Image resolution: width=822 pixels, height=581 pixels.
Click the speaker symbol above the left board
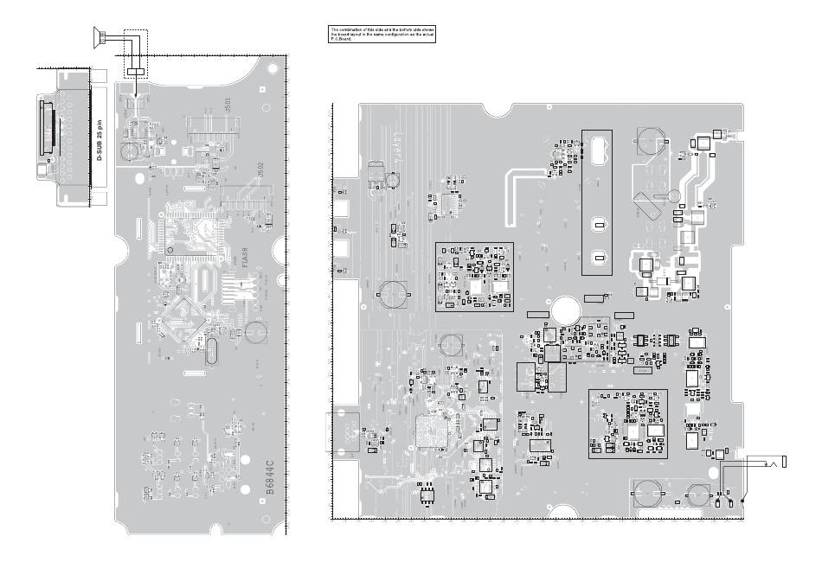(x=100, y=35)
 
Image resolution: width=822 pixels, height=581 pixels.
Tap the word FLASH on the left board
(x=244, y=258)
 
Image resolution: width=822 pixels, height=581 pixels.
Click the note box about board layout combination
(x=381, y=35)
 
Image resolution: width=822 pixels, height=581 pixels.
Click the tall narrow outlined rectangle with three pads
(x=596, y=202)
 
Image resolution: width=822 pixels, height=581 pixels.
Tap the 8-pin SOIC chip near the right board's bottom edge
(x=427, y=493)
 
